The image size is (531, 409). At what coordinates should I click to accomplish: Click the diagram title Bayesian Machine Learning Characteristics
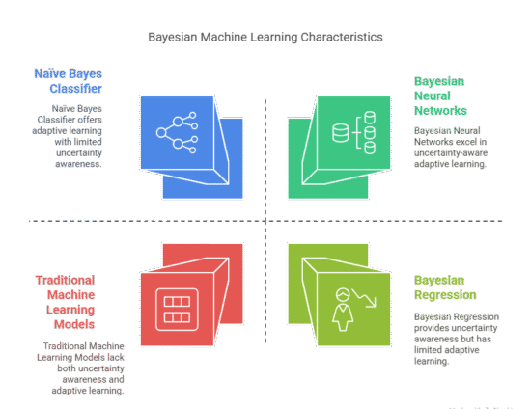click(265, 37)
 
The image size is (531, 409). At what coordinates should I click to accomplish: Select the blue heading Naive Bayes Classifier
click(69, 80)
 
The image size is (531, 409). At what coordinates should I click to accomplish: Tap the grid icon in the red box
click(176, 309)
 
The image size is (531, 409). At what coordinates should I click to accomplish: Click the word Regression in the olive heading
click(446, 293)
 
